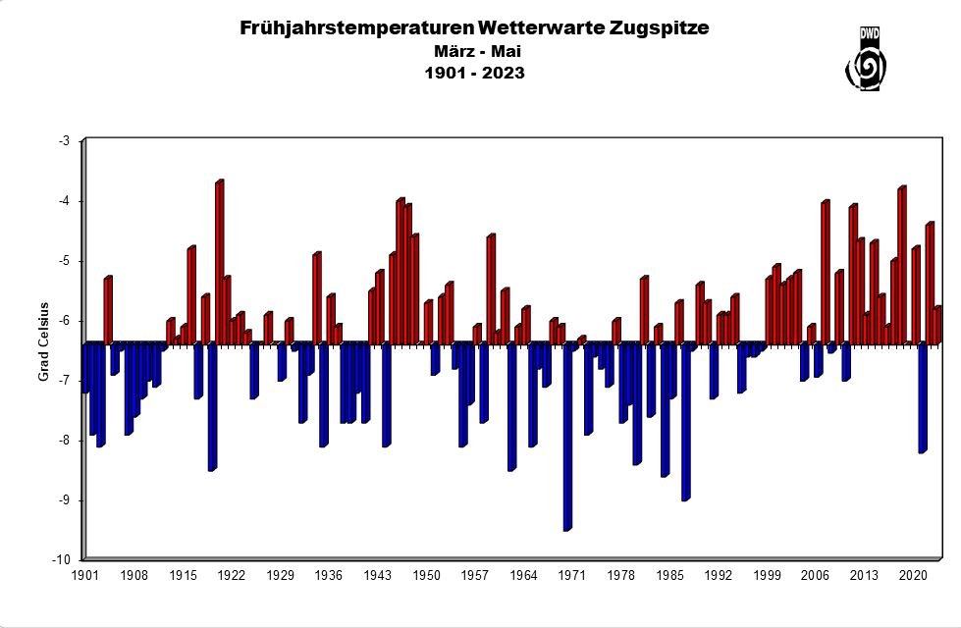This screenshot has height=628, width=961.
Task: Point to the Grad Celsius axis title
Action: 43,349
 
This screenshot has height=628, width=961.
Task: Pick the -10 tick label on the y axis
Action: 61,560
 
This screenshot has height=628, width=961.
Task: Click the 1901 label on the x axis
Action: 86,576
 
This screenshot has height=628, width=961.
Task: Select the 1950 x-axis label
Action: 426,576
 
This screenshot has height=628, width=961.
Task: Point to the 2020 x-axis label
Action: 913,576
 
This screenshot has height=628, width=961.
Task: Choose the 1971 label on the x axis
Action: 572,576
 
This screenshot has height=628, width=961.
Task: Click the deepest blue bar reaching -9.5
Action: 566,437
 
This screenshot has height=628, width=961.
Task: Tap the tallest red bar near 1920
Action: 219,263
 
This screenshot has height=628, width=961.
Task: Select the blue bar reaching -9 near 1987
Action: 685,422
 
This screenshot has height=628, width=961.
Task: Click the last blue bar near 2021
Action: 922,397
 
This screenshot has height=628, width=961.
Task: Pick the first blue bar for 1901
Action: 85,368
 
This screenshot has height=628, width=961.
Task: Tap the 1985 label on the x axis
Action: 669,576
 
